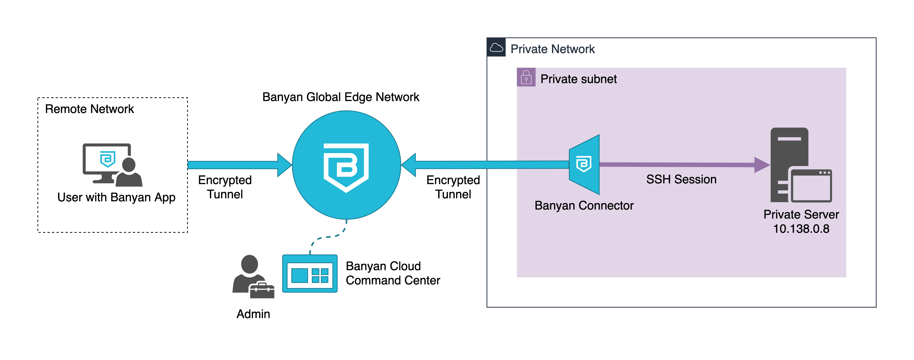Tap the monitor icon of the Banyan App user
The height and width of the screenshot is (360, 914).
click(x=105, y=161)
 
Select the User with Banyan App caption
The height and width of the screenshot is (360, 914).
click(x=116, y=197)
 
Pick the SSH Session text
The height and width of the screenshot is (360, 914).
click(x=681, y=179)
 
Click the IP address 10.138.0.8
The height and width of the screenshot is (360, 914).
click(x=801, y=229)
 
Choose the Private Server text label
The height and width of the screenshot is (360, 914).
click(x=801, y=215)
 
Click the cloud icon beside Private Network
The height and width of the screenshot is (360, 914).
click(x=496, y=48)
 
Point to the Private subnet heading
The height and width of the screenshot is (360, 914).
click(x=578, y=79)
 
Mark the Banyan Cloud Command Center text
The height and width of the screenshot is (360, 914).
click(x=393, y=273)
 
